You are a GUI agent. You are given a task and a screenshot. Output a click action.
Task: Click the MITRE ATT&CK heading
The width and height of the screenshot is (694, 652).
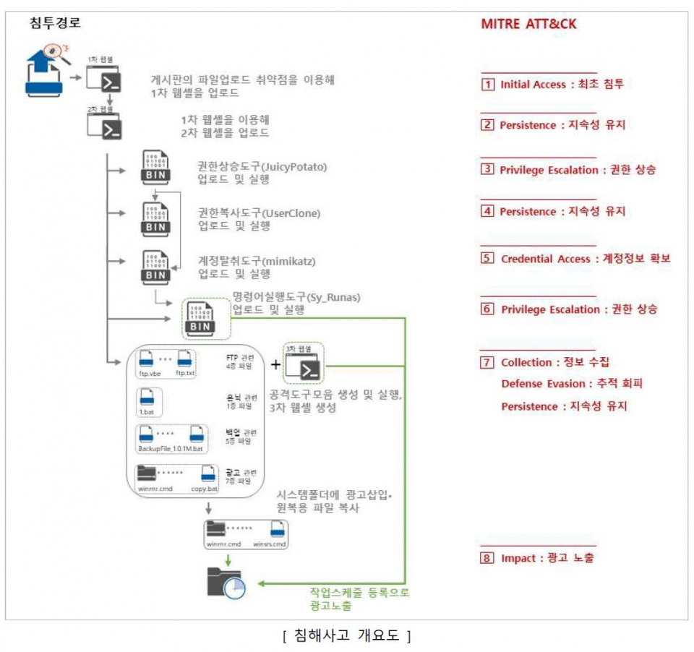[528, 24]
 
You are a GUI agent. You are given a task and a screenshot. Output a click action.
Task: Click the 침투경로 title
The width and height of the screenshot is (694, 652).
[55, 22]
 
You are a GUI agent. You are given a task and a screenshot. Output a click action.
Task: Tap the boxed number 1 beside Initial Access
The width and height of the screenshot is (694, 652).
[489, 85]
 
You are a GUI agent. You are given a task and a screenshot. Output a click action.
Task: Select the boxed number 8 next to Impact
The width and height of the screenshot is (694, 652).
[489, 558]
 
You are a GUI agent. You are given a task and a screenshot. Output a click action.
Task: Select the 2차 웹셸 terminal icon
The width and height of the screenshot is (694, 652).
[103, 126]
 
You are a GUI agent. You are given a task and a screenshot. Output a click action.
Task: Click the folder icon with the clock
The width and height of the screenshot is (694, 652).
[226, 582]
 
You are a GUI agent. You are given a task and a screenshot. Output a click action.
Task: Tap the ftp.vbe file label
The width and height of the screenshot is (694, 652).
[150, 374]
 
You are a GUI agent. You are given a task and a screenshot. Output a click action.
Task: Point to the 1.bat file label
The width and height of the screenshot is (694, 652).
[147, 412]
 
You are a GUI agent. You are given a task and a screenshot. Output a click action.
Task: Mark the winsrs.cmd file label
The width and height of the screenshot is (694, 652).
[269, 544]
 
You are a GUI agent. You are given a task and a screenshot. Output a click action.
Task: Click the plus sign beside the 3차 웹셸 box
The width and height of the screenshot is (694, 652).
[275, 365]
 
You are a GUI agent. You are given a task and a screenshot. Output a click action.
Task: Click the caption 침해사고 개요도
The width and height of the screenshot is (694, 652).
[347, 636]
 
